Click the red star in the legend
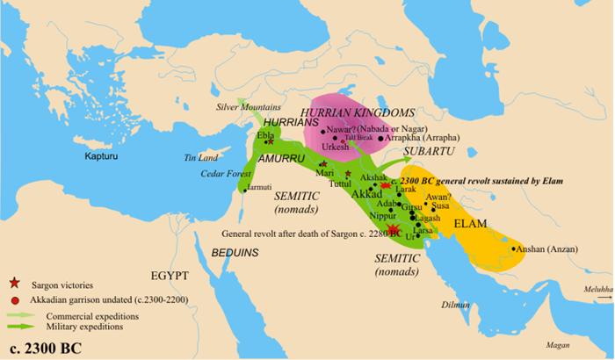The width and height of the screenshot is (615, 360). pos(13,285)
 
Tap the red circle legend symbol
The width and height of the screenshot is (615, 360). pos(13,299)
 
